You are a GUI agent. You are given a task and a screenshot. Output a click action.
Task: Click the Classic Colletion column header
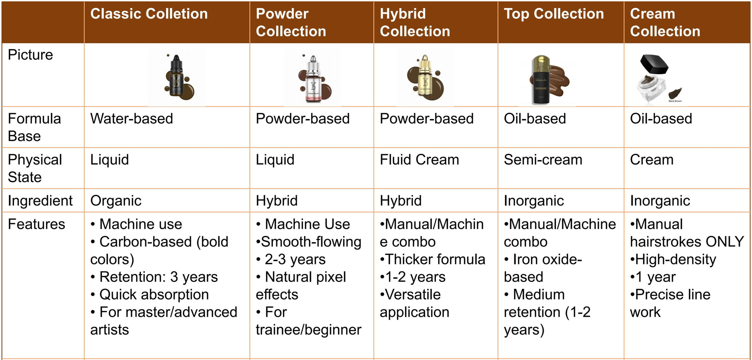coord(149,14)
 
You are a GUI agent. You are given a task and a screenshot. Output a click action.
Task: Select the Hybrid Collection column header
coord(415,22)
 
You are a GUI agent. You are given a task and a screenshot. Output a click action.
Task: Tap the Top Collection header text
coord(554,14)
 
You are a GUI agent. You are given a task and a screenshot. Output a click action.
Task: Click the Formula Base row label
coord(34,127)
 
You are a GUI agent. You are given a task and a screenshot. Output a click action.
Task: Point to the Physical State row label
coord(35,168)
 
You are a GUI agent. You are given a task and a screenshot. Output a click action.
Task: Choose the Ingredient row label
coord(40,201)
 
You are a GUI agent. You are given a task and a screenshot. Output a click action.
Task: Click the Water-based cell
coord(132,119)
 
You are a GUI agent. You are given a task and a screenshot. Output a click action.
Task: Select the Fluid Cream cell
coord(419,160)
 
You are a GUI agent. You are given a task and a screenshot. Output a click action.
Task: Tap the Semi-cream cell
coord(543,160)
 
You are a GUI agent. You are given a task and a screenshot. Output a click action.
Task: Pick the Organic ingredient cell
coord(116,201)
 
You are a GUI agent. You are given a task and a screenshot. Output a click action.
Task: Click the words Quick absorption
coord(154,295)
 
